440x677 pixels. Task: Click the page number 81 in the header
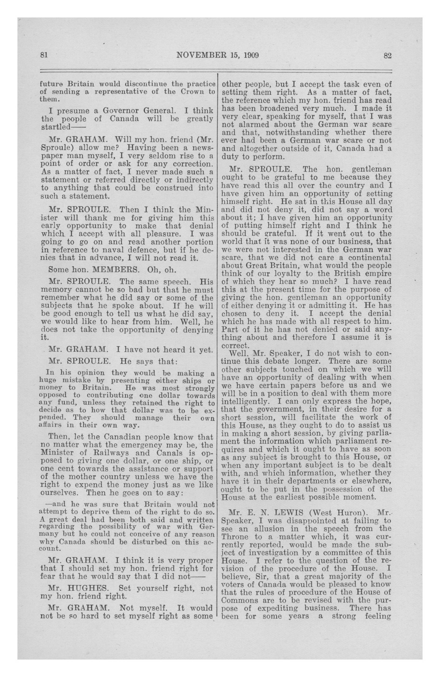click(x=44, y=55)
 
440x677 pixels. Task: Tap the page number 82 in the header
click(x=387, y=55)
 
